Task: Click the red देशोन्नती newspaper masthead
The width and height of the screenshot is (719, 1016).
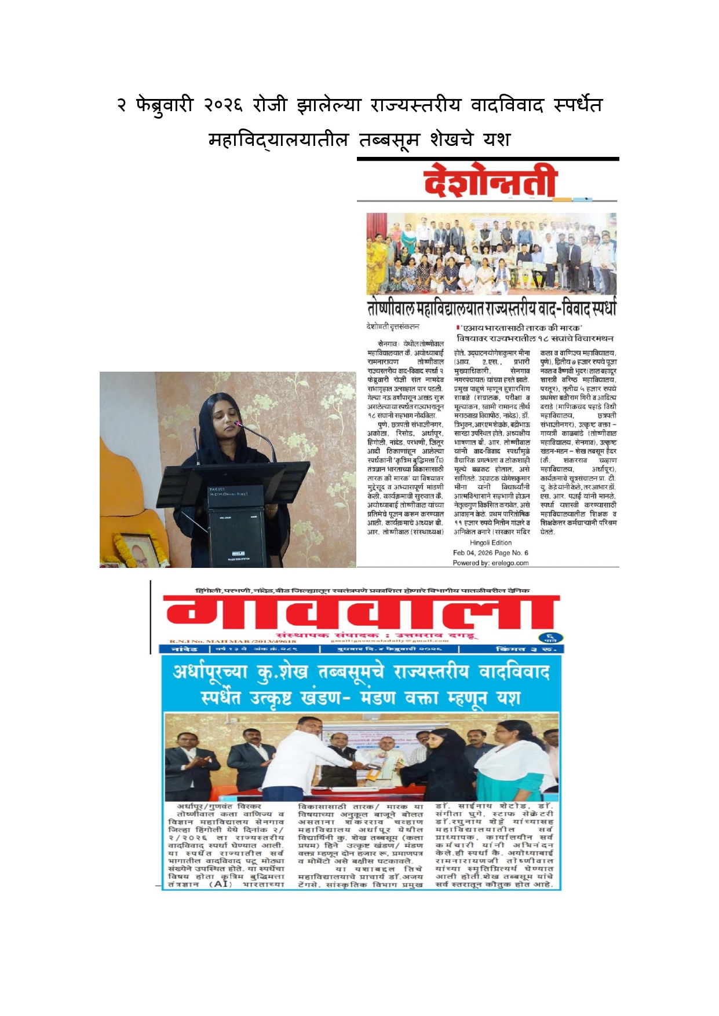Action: (x=490, y=181)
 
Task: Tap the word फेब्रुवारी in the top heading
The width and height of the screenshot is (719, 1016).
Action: (x=164, y=105)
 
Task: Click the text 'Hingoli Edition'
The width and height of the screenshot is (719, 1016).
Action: (x=491, y=542)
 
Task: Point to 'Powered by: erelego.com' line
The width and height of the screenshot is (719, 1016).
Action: (x=491, y=563)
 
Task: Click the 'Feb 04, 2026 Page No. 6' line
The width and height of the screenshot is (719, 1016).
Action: (x=491, y=553)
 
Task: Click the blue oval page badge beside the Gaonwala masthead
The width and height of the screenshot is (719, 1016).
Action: (x=550, y=638)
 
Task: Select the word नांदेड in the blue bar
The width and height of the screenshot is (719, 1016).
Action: (x=184, y=649)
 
